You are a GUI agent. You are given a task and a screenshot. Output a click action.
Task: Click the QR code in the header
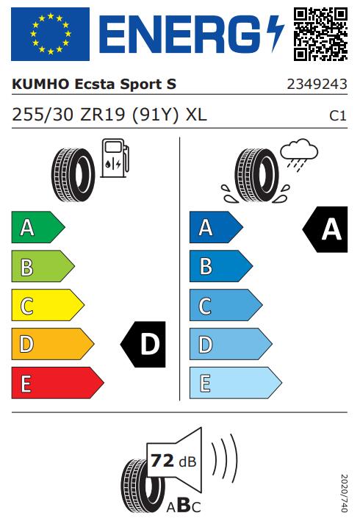click(x=320, y=34)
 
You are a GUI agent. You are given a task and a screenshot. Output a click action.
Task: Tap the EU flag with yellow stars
click(x=51, y=34)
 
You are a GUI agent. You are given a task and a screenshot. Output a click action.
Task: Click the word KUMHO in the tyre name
click(x=40, y=85)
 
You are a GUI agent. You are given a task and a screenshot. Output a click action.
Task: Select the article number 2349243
click(x=317, y=85)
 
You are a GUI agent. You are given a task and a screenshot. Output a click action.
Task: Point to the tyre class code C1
click(x=338, y=115)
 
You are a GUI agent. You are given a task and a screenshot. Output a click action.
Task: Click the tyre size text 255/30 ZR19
click(x=68, y=115)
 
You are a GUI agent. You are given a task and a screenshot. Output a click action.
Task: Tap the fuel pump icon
click(x=115, y=158)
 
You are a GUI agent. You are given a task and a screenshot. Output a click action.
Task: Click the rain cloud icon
click(x=299, y=152)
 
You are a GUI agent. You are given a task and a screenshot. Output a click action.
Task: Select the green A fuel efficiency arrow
click(x=38, y=227)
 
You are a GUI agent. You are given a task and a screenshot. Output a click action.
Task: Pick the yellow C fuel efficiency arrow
click(x=48, y=305)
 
